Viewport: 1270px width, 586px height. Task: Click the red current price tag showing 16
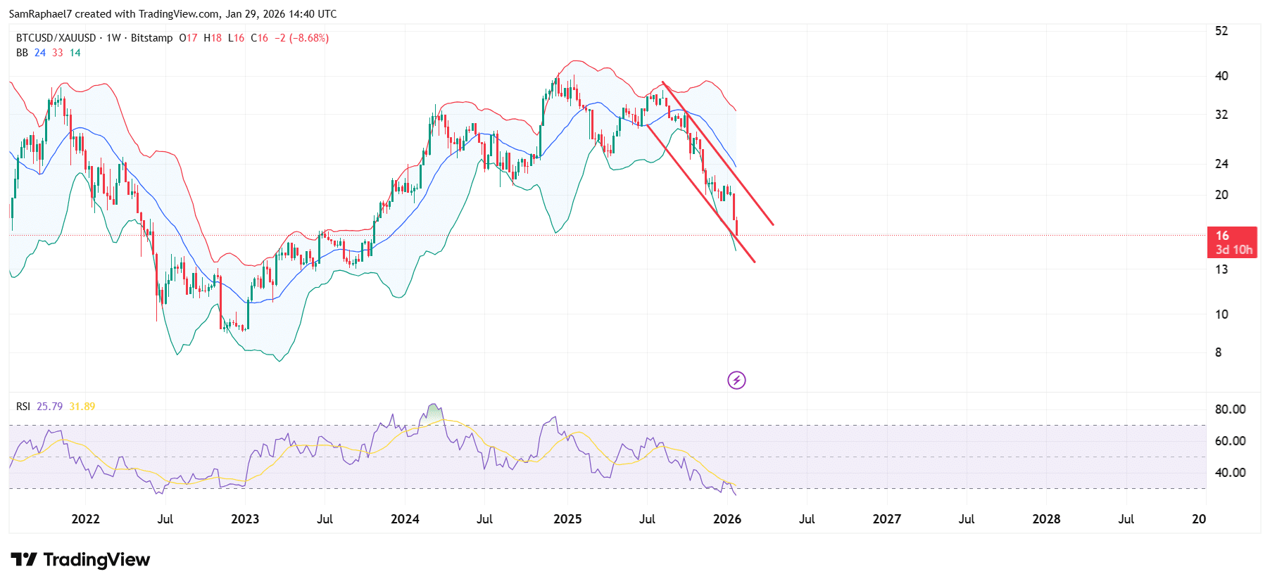tap(1231, 242)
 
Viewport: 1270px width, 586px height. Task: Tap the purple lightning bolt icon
tap(736, 381)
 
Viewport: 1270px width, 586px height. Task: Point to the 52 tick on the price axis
tap(1221, 31)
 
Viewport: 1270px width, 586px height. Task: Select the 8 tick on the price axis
tap(1219, 352)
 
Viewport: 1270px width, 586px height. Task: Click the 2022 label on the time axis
tap(85, 519)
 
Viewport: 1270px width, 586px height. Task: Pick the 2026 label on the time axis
tap(727, 519)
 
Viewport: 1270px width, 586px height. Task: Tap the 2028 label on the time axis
tap(1046, 519)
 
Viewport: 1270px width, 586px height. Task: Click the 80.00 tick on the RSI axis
tap(1230, 409)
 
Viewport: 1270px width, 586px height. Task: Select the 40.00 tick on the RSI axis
tap(1230, 473)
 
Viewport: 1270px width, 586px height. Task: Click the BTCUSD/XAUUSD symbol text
tap(56, 38)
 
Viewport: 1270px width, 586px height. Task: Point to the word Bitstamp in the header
tap(151, 38)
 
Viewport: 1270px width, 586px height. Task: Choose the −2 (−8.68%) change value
tap(301, 38)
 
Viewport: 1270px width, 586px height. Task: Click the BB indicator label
tap(22, 53)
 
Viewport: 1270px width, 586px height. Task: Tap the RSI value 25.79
tap(49, 407)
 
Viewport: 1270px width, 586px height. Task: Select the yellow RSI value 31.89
tap(82, 407)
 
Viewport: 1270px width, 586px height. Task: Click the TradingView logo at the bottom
tap(80, 560)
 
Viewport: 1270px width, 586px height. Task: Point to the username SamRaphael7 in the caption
tap(40, 14)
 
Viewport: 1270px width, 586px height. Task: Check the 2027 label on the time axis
tap(886, 519)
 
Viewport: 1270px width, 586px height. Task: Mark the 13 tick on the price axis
tap(1221, 269)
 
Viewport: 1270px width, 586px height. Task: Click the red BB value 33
tap(58, 53)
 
